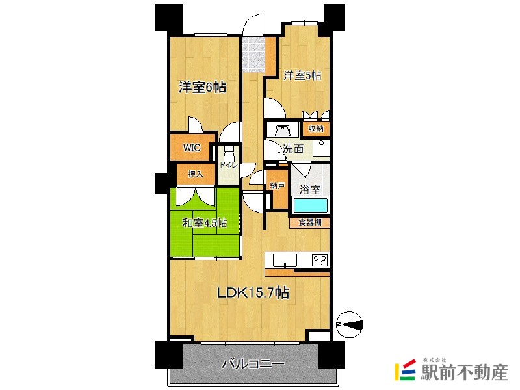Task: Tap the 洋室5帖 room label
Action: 302,75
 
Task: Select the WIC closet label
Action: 191,148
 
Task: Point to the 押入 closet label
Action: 196,174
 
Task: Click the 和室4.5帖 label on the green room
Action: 204,223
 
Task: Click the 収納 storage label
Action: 316,129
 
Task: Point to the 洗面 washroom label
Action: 292,149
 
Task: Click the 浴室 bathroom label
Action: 309,190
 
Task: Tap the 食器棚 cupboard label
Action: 309,222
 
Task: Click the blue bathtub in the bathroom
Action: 309,206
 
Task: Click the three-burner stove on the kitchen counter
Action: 319,260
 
